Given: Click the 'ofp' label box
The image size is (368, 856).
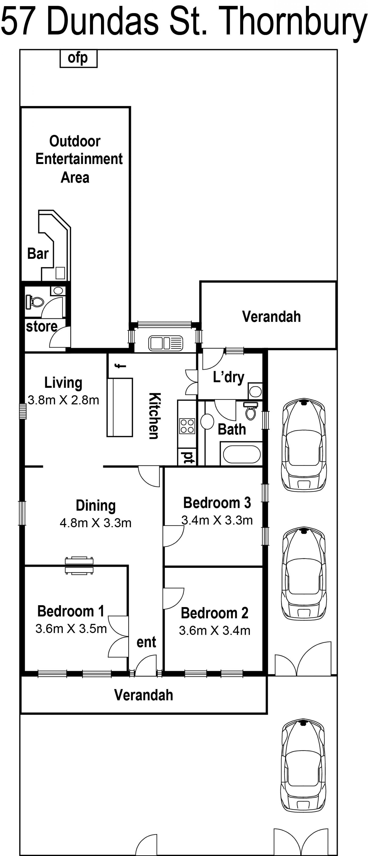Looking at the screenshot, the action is pyautogui.click(x=78, y=58).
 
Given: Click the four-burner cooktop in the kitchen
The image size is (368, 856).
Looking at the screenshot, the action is pyautogui.click(x=187, y=426).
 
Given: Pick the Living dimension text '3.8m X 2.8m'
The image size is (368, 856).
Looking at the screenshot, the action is pyautogui.click(x=63, y=400).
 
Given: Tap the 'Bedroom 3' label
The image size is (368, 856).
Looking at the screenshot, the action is pyautogui.click(x=217, y=503).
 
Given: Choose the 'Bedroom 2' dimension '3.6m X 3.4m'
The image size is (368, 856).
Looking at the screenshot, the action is pyautogui.click(x=215, y=630).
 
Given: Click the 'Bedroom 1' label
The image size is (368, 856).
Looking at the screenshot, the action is pyautogui.click(x=71, y=611).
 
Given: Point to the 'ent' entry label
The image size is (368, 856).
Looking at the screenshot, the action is pyautogui.click(x=146, y=642).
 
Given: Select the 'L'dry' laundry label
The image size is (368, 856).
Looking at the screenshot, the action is pyautogui.click(x=229, y=377).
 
